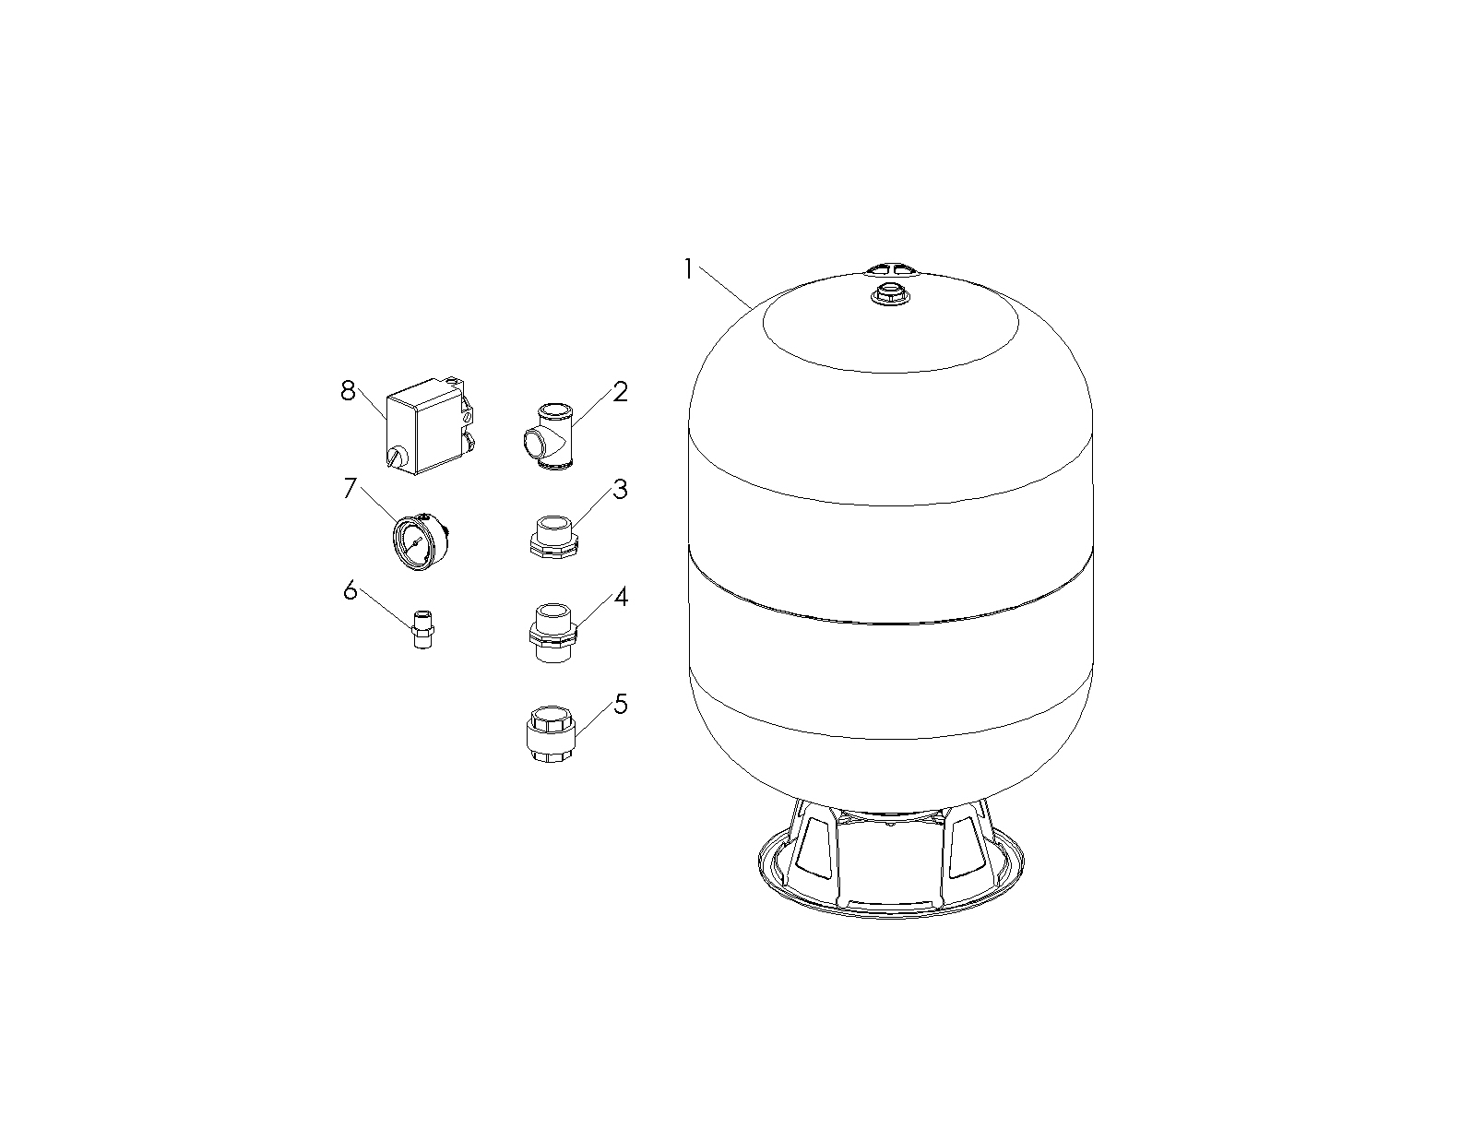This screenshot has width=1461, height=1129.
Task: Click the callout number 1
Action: coord(688,269)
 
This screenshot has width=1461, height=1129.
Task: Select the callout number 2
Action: coord(620,392)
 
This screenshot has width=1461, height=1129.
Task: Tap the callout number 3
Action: coord(620,490)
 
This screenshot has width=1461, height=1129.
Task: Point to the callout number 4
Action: coord(621,597)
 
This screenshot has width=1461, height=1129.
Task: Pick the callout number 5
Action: coord(620,704)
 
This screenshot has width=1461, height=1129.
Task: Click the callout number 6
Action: coord(350,590)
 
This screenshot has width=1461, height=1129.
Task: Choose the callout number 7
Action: coord(350,488)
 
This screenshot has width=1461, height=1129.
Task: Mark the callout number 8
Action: coord(348,390)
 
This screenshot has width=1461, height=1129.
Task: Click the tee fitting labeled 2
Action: coord(549,436)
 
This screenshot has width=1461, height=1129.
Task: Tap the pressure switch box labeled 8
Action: coord(429,426)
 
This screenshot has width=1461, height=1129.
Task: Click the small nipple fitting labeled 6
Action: coord(423,629)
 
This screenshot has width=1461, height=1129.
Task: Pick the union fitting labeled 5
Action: coord(551,734)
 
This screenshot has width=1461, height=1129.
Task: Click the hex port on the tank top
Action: coord(890,294)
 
